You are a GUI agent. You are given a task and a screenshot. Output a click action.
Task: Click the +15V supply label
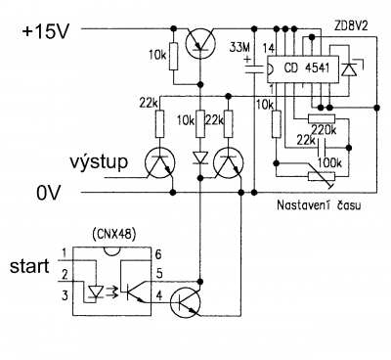45,32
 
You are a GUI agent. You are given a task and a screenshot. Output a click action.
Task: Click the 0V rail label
49,194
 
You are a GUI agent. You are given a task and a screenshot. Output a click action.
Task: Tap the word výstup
99,161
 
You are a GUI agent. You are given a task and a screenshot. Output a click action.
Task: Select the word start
29,266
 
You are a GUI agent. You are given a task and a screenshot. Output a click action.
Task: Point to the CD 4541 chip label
307,67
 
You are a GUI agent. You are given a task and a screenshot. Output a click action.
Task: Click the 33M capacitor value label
239,48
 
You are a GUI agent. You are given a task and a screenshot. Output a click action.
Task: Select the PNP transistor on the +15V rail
200,43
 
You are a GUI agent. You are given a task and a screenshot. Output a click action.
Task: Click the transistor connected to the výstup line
159,162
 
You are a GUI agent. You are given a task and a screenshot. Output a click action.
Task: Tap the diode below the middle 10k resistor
200,157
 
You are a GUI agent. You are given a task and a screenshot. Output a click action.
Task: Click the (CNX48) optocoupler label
114,235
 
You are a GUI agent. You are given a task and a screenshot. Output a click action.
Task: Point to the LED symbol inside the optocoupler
95,292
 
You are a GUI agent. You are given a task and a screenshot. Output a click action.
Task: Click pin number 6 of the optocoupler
158,254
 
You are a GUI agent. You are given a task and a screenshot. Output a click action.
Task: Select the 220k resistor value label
324,130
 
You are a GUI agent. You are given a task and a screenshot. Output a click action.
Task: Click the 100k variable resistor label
329,163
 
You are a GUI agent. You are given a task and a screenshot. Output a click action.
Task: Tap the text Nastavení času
319,205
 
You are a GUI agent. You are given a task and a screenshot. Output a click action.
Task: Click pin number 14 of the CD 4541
269,49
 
